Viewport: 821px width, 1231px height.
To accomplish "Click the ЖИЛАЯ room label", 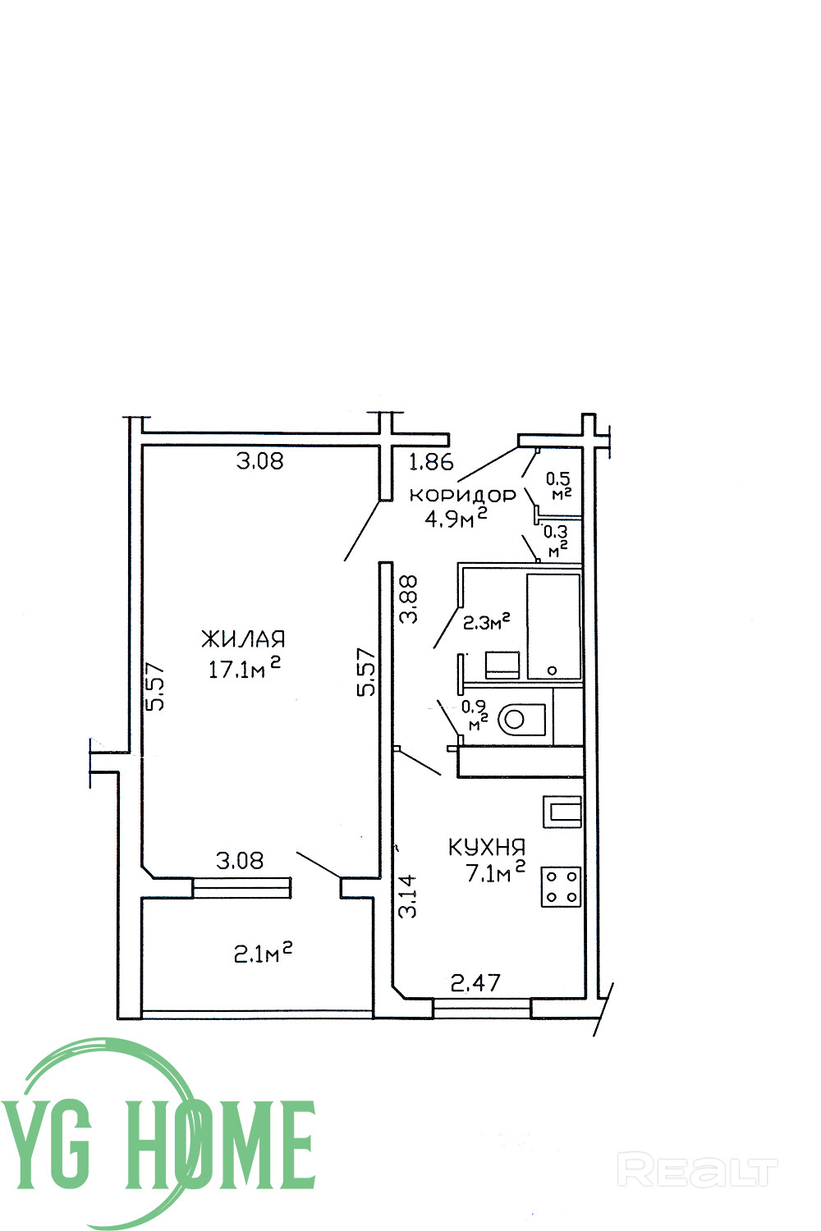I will click(243, 639).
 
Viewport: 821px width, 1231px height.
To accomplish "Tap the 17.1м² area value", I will click(244, 668).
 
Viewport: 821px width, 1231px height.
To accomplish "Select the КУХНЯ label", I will click(487, 847).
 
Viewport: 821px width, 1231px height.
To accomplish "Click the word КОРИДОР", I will click(463, 495).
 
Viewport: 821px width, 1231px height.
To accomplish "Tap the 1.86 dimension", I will click(431, 463).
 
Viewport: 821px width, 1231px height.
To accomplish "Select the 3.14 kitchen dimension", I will click(408, 896).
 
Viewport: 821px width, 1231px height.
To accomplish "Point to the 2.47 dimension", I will click(475, 982).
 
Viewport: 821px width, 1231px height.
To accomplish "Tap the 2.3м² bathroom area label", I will click(487, 622).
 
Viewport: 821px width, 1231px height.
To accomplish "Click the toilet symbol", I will click(520, 720).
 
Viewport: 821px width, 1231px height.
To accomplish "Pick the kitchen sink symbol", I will click(562, 812).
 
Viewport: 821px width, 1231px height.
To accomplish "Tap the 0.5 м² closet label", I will click(559, 485).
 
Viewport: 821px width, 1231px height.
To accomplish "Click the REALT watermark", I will click(697, 1170).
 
